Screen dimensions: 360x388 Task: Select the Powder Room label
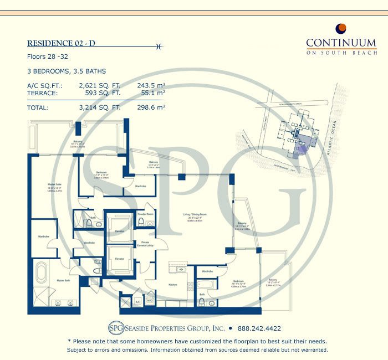tap(145, 213)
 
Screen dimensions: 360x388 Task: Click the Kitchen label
tap(173, 285)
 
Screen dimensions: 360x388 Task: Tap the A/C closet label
tap(137, 302)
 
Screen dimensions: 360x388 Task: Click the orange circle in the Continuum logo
tap(341, 28)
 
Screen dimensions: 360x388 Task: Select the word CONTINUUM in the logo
tap(341, 42)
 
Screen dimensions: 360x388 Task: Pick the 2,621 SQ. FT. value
tap(100, 85)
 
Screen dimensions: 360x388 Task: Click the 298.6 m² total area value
tap(151, 107)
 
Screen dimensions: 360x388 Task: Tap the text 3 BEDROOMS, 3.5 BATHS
tap(66, 71)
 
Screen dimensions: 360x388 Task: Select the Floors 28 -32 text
tap(49, 57)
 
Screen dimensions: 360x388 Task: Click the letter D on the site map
tap(298, 148)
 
